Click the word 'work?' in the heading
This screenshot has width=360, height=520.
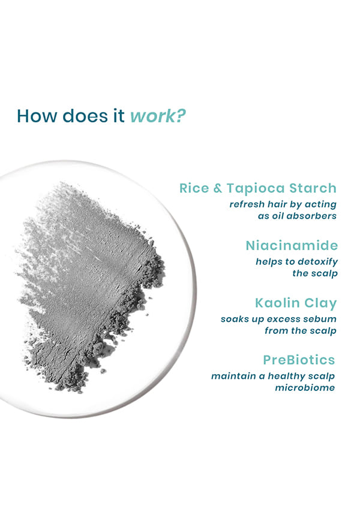(157, 116)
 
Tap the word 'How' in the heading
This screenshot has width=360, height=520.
(37, 116)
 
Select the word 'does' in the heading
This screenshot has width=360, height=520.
(85, 116)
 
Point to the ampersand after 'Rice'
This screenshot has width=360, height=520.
(218, 189)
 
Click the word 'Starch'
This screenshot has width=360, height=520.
(313, 188)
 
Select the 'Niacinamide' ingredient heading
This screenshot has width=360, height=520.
(292, 246)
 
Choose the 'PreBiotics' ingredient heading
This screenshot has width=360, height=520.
(299, 360)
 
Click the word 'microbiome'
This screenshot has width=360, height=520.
(305, 388)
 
